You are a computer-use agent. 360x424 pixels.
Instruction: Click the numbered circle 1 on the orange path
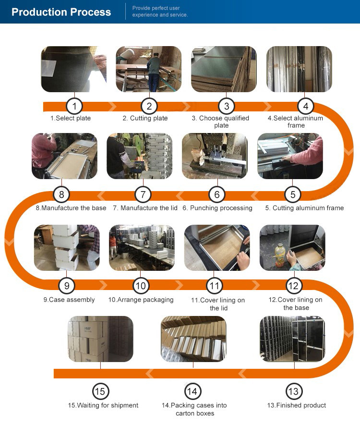pos(74,106)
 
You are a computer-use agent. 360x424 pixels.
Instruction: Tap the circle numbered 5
pos(293,194)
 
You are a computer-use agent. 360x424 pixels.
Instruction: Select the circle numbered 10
pos(141,286)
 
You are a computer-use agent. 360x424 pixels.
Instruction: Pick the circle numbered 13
pos(293,391)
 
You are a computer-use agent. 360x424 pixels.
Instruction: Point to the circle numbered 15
pos(100,391)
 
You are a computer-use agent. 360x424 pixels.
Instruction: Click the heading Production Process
pos(61,12)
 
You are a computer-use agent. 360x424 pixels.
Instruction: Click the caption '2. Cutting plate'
pos(145,118)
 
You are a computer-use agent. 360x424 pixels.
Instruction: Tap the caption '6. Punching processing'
pos(217,208)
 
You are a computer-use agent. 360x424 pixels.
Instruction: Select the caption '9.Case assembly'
pos(69,300)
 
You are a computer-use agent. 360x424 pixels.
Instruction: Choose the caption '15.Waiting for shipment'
pos(103,405)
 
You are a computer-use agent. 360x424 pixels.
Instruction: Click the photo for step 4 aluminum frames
pos(299,69)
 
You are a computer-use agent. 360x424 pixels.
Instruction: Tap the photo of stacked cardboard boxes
pos(100,339)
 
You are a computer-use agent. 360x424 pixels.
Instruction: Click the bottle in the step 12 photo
pos(280,255)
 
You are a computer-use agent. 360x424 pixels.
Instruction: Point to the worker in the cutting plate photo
pos(154,72)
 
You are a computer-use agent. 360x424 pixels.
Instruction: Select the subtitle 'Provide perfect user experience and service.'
pos(160,12)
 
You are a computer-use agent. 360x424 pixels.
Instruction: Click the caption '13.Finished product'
pos(297,405)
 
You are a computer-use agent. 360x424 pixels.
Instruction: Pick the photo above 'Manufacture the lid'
pos(140,156)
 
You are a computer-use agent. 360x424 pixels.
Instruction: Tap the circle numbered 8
pos(61,194)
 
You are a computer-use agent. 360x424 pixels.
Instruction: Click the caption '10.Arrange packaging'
pos(141,300)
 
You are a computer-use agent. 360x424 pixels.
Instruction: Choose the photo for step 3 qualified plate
pos(224,69)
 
